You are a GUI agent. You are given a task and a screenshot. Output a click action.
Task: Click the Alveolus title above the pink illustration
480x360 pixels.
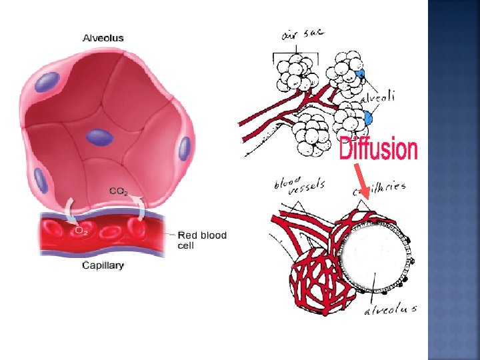[103, 38]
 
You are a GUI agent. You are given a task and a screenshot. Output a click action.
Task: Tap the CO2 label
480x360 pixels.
[118, 191]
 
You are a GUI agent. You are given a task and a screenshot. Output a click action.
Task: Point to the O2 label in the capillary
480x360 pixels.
[81, 230]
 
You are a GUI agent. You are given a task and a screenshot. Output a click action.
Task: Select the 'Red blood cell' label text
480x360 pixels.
[202, 240]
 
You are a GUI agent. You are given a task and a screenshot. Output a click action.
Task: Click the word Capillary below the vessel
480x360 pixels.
[103, 265]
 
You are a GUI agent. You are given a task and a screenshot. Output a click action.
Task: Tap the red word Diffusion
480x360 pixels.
[379, 149]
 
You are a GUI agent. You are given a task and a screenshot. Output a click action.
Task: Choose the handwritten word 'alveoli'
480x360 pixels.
[378, 97]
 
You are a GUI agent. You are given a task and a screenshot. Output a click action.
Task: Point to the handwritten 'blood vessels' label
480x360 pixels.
[299, 183]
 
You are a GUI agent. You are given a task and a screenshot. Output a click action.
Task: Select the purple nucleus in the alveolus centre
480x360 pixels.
[99, 137]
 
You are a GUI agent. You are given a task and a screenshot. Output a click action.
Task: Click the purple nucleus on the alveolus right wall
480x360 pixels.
[184, 147]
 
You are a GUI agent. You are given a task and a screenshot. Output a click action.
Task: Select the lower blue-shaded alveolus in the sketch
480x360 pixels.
[368, 119]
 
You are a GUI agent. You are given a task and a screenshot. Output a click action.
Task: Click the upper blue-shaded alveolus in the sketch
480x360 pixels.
[360, 75]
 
